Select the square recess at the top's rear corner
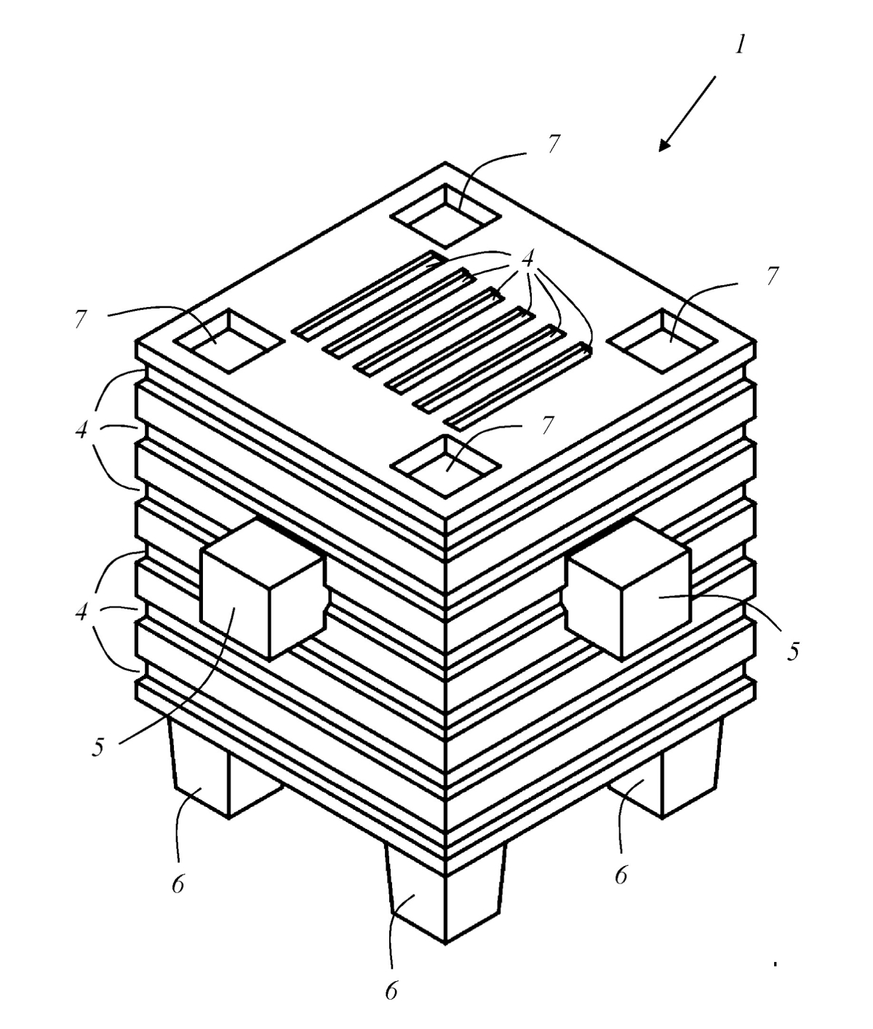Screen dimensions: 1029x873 (x=445, y=215)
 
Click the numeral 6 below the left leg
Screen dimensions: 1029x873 (x=178, y=883)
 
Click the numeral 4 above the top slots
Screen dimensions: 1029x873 (x=527, y=259)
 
